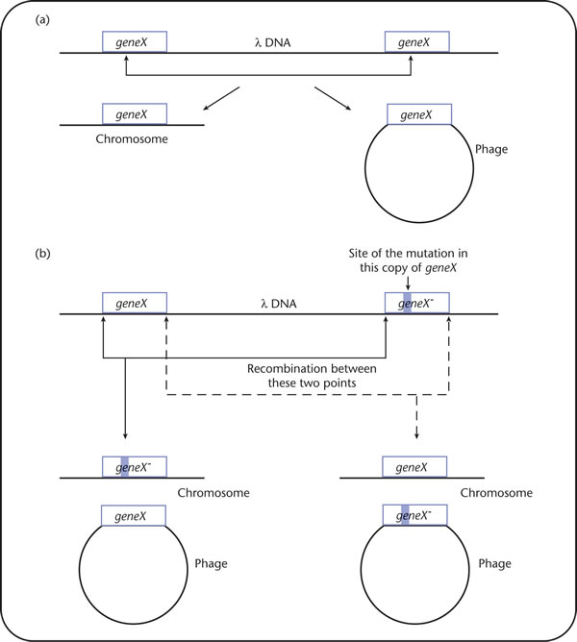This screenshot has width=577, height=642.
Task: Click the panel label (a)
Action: tap(42, 19)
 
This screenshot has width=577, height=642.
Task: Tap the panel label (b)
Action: tap(42, 254)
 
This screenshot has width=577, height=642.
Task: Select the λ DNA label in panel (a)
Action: tap(272, 42)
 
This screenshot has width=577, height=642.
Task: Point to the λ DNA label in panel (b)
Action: tap(279, 304)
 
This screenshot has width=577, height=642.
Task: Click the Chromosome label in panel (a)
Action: tap(132, 139)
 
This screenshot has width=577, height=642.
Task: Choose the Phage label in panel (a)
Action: tap(491, 149)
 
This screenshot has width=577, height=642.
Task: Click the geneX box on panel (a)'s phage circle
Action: tap(419, 114)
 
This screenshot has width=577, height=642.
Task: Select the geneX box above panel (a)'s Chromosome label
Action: tap(135, 113)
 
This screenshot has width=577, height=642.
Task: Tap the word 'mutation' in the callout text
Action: tap(423, 254)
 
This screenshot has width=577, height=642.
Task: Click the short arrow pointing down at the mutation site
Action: tap(408, 284)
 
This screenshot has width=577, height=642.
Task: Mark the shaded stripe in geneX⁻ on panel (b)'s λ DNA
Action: tap(408, 303)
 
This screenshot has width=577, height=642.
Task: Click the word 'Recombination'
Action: tap(283, 369)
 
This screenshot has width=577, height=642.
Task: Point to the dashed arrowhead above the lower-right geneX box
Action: tap(416, 435)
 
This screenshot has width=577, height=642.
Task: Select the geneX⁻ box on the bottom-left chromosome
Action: tap(135, 467)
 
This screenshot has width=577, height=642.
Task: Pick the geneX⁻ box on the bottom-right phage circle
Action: tap(414, 515)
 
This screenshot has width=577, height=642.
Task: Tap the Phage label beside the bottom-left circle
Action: tap(211, 564)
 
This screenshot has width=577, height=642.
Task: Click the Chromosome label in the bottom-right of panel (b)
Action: tap(496, 493)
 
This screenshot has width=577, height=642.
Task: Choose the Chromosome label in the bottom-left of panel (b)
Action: tap(213, 493)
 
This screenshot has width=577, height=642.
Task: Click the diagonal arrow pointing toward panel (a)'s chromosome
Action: tap(221, 98)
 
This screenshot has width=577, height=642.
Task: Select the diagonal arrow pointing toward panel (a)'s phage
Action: tap(333, 98)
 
